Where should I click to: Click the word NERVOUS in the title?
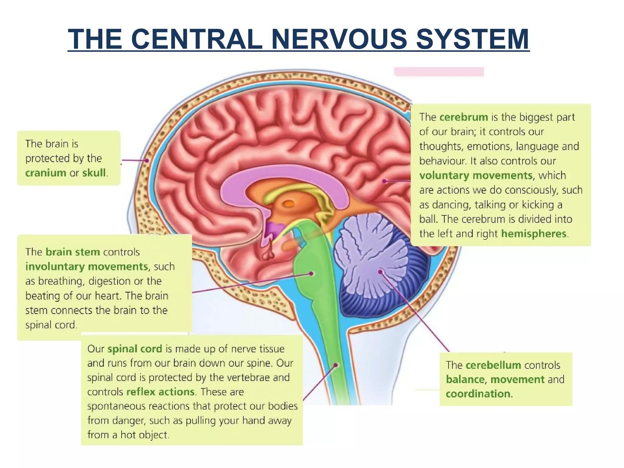pos(339,39)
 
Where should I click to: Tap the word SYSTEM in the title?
pos(473,39)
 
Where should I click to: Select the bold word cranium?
pos(46,173)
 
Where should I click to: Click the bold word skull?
pos(94,173)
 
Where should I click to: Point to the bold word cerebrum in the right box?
pos(464,117)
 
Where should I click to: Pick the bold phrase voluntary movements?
pos(476,175)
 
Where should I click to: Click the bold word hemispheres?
pos(534,234)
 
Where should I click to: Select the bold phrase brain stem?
pos(73,252)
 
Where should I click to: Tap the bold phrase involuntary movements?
pos(87,267)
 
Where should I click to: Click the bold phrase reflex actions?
pos(160,392)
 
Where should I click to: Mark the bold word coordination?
pos(478,394)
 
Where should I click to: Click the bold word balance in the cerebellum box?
pos(465,380)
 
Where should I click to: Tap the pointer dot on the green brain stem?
pos(311,274)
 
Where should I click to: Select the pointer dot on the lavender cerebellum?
pos(380,271)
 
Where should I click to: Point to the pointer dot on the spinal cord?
pos(335,365)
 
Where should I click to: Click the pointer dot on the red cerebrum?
pos(385,181)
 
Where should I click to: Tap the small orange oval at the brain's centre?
pos(289,204)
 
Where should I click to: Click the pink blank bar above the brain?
pos(439,72)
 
